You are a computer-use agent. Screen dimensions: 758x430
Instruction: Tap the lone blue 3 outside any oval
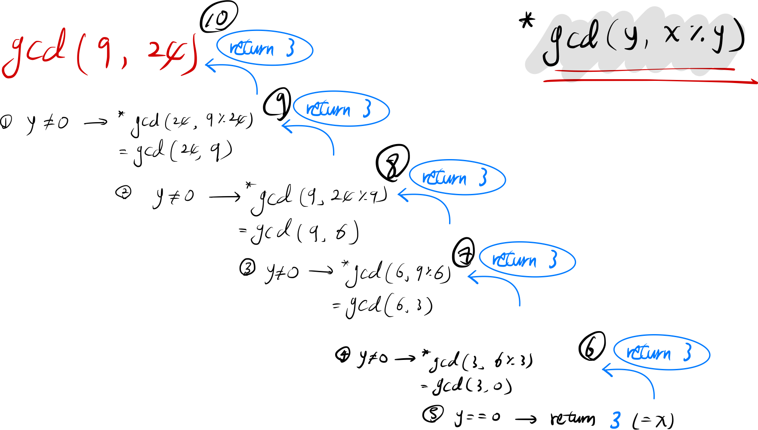[x=616, y=420]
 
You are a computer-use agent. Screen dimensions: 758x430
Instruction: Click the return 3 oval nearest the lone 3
[x=662, y=353]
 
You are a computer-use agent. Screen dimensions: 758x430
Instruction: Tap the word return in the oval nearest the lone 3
[x=648, y=353]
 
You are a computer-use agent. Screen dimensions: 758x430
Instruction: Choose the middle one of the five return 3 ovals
[x=457, y=178]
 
